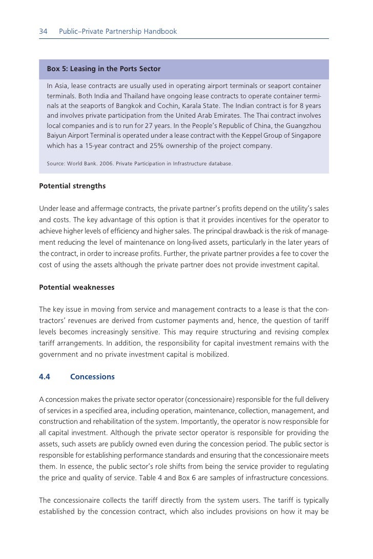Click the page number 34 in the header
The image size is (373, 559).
coord(43,32)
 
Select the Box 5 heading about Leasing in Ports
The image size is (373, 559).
coord(103,69)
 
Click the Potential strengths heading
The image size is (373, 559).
coord(72,186)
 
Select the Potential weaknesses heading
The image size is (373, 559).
coord(77,288)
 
